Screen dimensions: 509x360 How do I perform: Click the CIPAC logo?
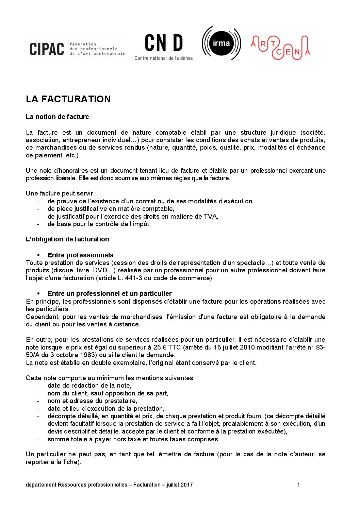pos(47,49)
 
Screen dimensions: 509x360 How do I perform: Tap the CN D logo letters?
pos(164,43)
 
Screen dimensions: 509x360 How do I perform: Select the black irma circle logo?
pos(221,43)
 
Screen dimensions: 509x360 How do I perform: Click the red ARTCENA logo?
pos(280,47)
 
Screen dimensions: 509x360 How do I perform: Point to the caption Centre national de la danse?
pos(163,58)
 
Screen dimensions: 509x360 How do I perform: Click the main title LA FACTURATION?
pos(68,99)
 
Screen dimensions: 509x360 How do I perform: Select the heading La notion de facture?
pos(57,117)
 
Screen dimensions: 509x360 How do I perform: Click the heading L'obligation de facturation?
pos(67,239)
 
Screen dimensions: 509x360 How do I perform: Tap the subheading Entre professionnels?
pos(80,255)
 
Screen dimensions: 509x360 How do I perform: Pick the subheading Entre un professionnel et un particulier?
pos(110,294)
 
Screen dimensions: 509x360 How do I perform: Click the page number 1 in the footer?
pos(298,485)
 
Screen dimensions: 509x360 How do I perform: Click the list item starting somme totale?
pos(133,439)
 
